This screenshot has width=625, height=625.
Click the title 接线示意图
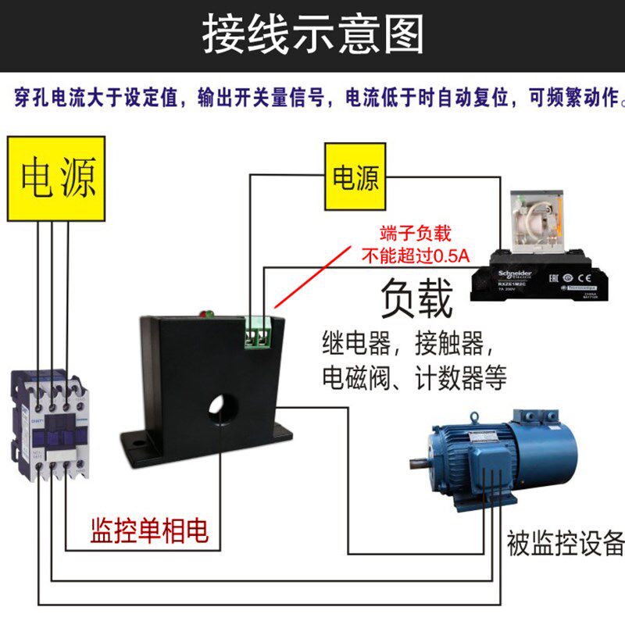(312, 35)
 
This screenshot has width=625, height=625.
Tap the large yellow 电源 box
(59, 179)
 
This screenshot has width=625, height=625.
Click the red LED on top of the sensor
(206, 314)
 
